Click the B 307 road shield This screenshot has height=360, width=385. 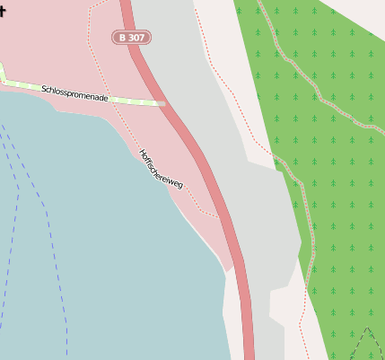tap(132, 38)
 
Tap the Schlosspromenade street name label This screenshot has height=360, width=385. tap(74, 92)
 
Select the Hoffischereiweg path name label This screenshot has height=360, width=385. tap(162, 169)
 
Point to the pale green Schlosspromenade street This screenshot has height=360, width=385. tap(135, 101)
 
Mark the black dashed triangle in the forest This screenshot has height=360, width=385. tap(366, 345)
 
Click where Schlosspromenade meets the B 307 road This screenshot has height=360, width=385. tap(164, 103)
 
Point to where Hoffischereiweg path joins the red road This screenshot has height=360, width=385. tap(217, 215)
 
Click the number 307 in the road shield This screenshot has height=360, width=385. tap(136, 38)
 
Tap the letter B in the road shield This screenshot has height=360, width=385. tap(123, 38)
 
